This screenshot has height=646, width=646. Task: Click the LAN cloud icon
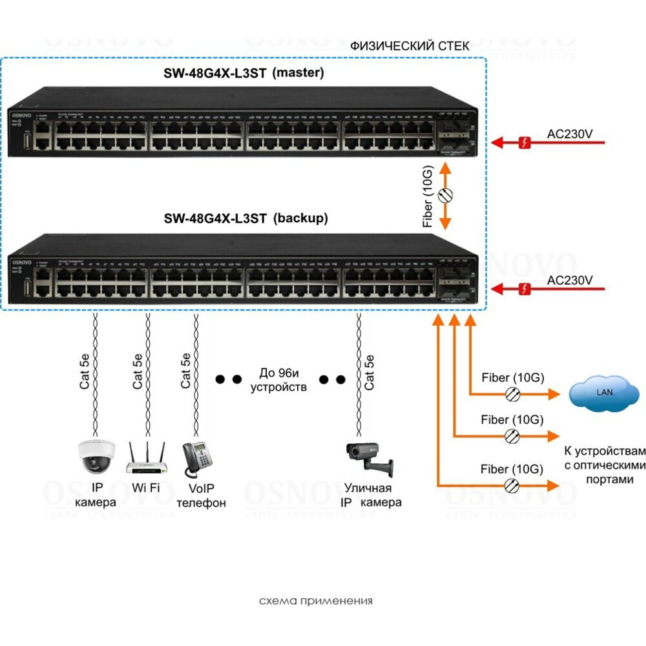pos(604,391)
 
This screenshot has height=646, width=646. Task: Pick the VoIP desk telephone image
pos(198,459)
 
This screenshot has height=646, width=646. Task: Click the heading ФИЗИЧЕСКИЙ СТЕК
pos(410,47)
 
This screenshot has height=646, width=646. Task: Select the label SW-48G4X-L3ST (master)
pos(244,73)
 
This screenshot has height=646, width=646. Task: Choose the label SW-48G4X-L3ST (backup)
pos(245,218)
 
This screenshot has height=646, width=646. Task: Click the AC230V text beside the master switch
pos(570,135)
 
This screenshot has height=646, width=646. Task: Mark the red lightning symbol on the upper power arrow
pos(526,142)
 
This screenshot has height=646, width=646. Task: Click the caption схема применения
pos(316,601)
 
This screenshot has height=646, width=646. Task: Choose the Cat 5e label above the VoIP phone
pos(186,371)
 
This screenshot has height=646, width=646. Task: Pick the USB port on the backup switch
pos(27,287)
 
